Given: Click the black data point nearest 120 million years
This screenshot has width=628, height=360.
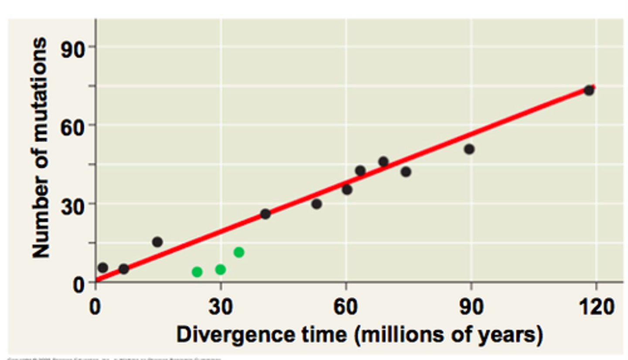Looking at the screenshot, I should tap(589, 91).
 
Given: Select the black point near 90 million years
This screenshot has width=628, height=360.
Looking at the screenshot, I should tap(469, 149).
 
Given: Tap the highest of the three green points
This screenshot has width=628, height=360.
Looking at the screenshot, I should tap(239, 252).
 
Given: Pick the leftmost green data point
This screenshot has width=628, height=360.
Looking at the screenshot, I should tap(197, 272).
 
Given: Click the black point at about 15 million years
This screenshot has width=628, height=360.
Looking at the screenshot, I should tap(157, 242).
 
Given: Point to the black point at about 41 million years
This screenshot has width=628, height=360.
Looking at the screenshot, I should tap(265, 214).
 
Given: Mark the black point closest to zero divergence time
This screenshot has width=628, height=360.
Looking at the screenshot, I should tap(103, 267).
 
